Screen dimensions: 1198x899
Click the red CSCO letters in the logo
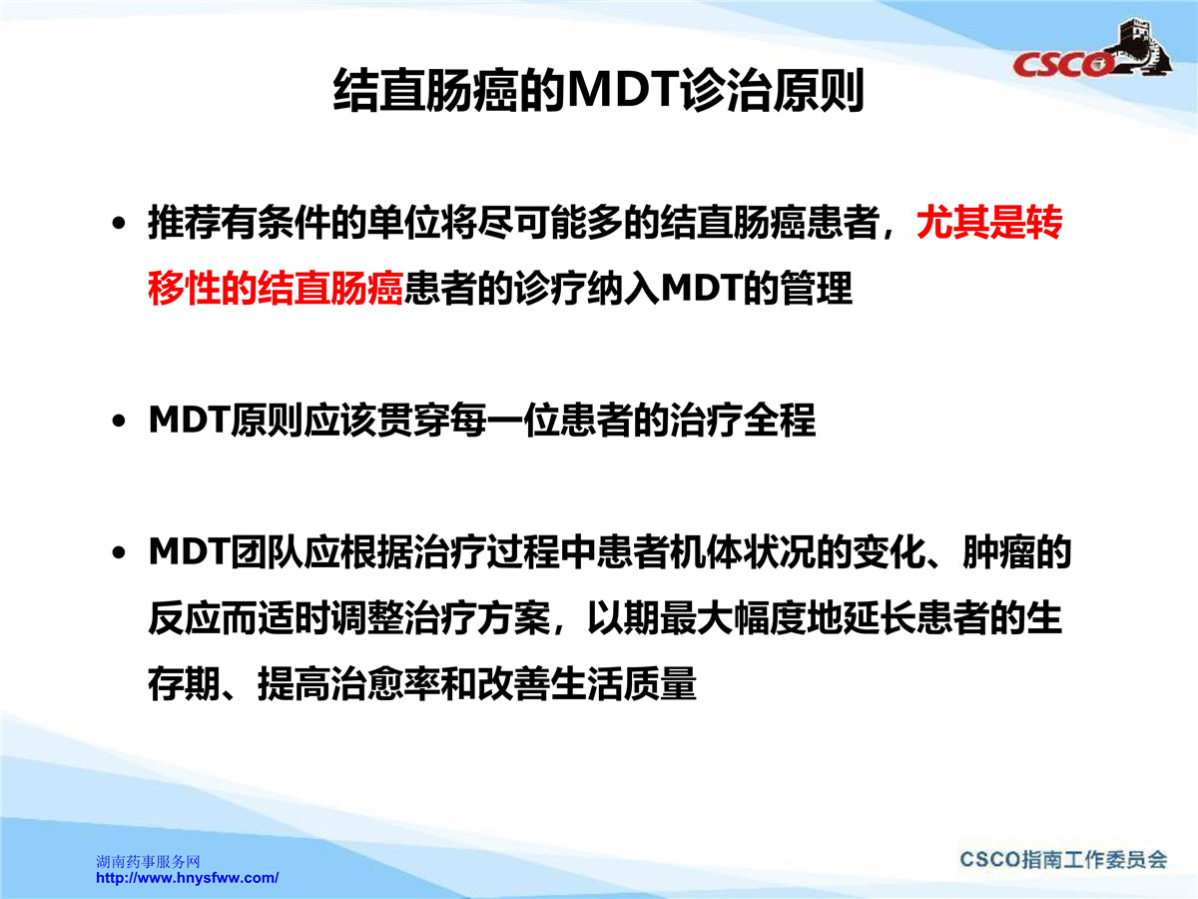[x=1062, y=64]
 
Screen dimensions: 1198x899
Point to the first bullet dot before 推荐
[x=119, y=223]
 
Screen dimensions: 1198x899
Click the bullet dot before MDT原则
[x=119, y=421]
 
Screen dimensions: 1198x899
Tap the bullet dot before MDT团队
[x=119, y=553]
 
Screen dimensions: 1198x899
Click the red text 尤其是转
[x=989, y=223]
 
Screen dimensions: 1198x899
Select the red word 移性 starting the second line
[x=184, y=289]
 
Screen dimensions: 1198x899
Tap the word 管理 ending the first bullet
[x=816, y=289]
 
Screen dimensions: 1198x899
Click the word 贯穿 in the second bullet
[x=412, y=420]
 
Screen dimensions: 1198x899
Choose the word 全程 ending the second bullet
[x=780, y=420]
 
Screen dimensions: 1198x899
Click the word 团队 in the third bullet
[x=267, y=551]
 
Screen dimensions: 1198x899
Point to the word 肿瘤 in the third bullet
[x=998, y=551]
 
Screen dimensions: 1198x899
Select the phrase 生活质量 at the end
[x=623, y=683]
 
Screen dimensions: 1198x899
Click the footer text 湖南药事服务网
[x=148, y=862]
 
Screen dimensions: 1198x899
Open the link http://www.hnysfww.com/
[x=188, y=878]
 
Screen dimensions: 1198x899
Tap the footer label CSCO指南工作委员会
[x=1063, y=860]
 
